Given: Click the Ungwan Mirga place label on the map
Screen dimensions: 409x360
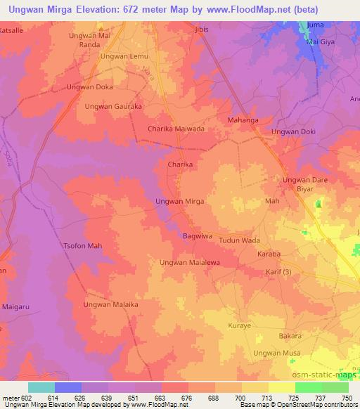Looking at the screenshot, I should (x=179, y=201).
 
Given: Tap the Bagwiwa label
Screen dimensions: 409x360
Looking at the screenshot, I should (x=198, y=237).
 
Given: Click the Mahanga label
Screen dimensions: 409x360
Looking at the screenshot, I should (x=244, y=120).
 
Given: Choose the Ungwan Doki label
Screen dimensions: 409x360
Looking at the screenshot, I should (x=293, y=131).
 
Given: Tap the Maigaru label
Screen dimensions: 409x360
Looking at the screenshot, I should (x=15, y=305).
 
